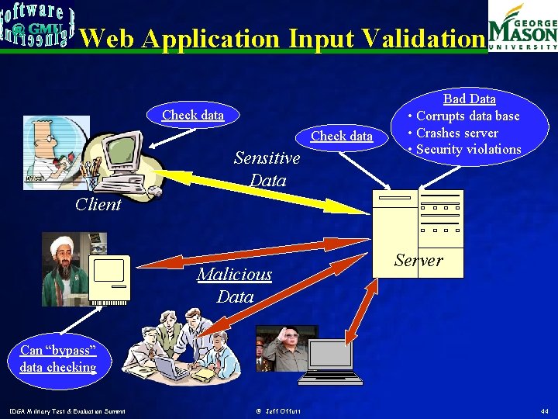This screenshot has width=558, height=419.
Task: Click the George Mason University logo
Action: pos(522,26)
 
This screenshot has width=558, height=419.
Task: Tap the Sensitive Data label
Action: pos(267,169)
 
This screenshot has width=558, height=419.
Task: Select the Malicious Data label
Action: pos(235,285)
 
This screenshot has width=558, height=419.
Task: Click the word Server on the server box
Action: pos(418,261)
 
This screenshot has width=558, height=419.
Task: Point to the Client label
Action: pos(98,205)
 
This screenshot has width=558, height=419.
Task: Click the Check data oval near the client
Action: pos(193,115)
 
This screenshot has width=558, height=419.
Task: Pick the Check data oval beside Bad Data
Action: pos(342,136)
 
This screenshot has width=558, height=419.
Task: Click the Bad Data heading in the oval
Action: pos(469,99)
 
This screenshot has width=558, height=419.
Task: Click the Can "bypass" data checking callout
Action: pos(58,359)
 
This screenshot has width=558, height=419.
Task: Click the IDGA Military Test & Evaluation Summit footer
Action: pos(68,410)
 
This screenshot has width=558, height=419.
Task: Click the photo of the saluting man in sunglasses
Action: pos(282,348)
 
